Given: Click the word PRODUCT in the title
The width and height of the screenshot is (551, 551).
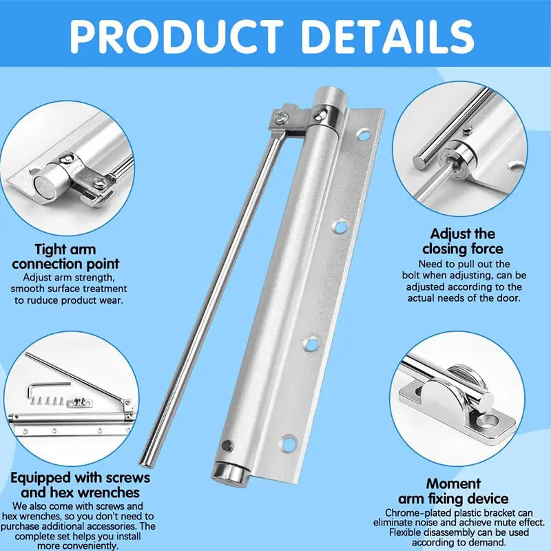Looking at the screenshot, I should pyautogui.click(x=176, y=34).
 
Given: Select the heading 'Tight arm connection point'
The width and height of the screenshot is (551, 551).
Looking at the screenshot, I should pyautogui.click(x=65, y=256).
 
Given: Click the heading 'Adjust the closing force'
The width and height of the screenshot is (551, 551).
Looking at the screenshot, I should pyautogui.click(x=462, y=241).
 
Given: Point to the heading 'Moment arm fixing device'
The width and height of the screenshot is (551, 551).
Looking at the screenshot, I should pyautogui.click(x=453, y=491).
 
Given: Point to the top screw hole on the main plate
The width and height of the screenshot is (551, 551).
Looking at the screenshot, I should pyautogui.click(x=362, y=135).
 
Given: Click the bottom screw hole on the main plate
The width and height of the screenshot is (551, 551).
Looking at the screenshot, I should pyautogui.click(x=287, y=441).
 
